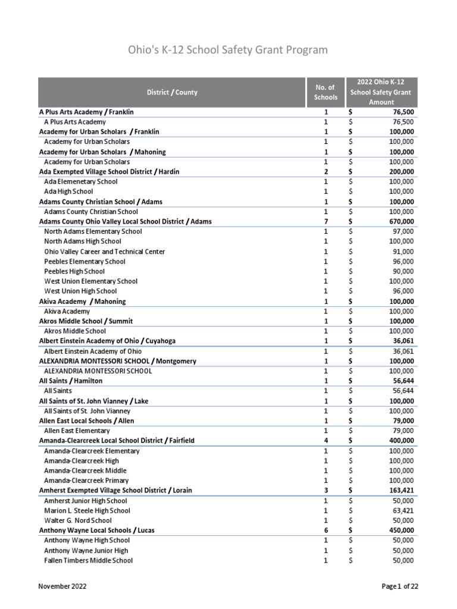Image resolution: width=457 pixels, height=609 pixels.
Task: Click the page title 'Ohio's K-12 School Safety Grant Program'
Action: click(x=228, y=49)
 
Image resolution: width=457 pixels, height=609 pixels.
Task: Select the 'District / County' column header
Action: click(x=172, y=92)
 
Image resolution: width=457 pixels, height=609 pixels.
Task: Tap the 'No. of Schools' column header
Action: click(x=325, y=92)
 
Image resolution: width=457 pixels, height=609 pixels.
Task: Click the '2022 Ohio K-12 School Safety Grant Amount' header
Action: click(x=381, y=92)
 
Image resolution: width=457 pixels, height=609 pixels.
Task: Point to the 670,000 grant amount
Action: click(x=399, y=221)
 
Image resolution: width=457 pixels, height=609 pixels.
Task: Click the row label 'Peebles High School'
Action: click(x=74, y=271)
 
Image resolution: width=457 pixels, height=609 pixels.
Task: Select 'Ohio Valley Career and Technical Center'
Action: click(x=105, y=252)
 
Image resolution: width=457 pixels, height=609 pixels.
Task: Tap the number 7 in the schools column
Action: click(x=325, y=221)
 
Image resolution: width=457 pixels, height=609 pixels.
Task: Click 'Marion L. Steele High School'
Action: click(x=87, y=510)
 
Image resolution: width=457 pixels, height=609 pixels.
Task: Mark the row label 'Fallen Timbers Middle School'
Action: click(x=89, y=560)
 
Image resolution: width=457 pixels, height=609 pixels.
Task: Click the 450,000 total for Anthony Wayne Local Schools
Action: click(x=399, y=530)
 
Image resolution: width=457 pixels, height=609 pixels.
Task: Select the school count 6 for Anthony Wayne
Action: click(x=325, y=530)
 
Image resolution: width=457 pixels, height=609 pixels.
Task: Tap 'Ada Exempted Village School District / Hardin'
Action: click(x=109, y=171)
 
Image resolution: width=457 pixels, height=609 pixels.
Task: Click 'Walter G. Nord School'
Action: click(x=77, y=520)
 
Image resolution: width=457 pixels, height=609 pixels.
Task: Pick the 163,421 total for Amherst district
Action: click(x=399, y=491)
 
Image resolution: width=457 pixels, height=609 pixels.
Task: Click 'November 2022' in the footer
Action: click(x=62, y=586)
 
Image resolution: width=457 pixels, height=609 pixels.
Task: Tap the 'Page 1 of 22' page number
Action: click(x=400, y=586)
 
